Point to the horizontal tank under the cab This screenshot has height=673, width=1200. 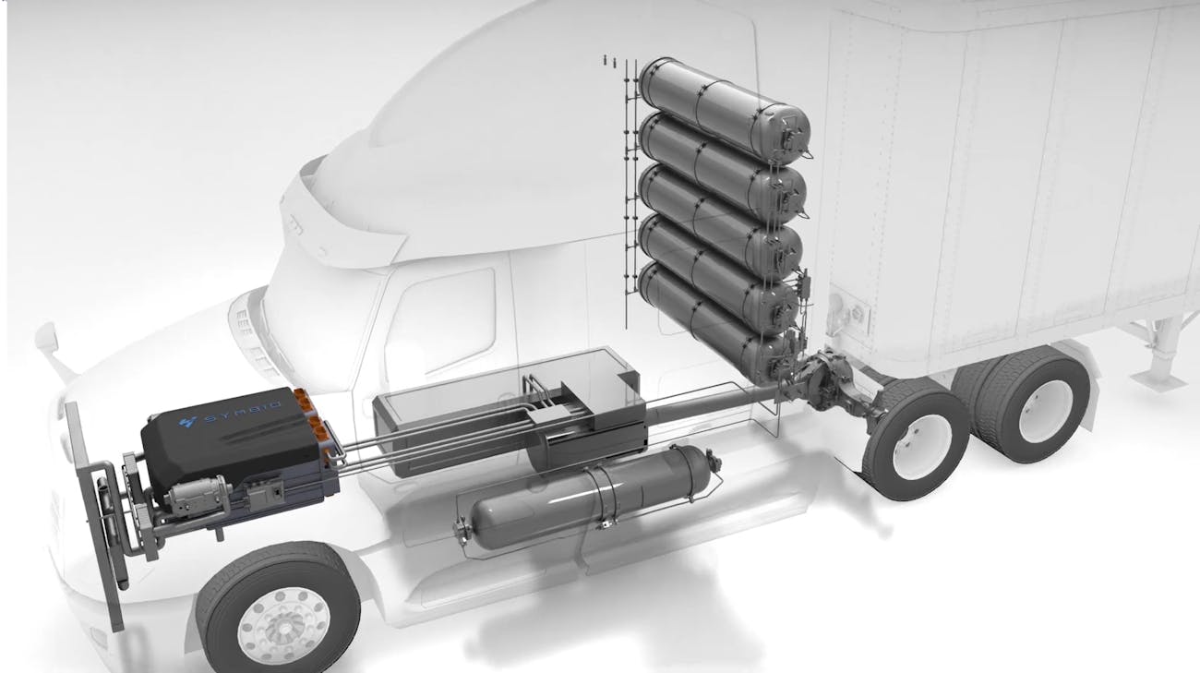coord(586,496)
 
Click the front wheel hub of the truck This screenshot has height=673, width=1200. coord(283,628)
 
